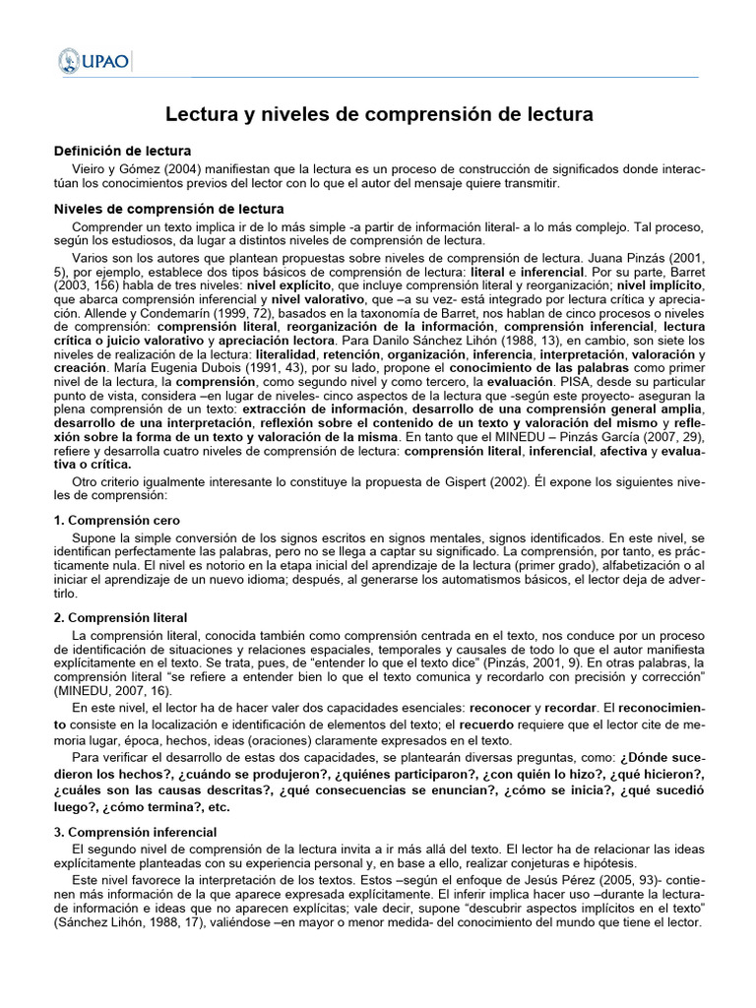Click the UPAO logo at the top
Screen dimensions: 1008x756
(x=94, y=61)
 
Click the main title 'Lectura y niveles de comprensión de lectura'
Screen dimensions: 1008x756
(x=378, y=114)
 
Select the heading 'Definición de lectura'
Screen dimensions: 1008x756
(x=122, y=151)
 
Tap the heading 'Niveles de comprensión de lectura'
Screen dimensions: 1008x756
(x=168, y=209)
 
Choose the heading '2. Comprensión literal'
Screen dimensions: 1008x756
(x=120, y=617)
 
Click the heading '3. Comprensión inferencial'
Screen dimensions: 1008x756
(x=135, y=832)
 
